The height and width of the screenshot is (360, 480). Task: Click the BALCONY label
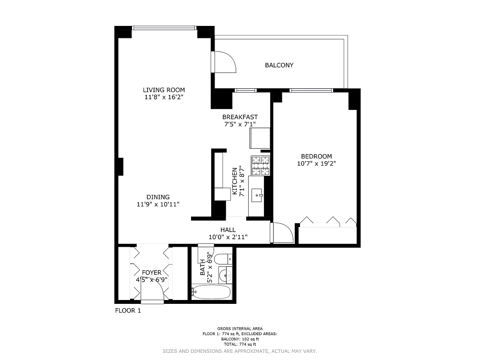pyautogui.click(x=279, y=65)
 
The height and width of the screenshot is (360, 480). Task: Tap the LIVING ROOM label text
pyautogui.click(x=164, y=90)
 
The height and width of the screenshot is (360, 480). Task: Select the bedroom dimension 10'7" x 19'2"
pyautogui.click(x=316, y=164)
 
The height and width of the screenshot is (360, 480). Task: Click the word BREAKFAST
pyautogui.click(x=240, y=117)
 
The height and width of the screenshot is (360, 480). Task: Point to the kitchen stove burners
pyautogui.click(x=260, y=166)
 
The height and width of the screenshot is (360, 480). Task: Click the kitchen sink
pyautogui.click(x=257, y=196)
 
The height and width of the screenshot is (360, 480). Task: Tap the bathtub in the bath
pyautogui.click(x=211, y=292)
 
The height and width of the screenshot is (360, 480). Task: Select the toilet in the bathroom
pyautogui.click(x=223, y=260)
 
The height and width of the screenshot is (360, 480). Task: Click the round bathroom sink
pyautogui.click(x=226, y=275)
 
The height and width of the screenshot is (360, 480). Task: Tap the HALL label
pyautogui.click(x=228, y=230)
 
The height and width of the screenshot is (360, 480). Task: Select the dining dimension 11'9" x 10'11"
pyautogui.click(x=158, y=204)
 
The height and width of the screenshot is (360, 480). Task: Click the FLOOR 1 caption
pyautogui.click(x=128, y=311)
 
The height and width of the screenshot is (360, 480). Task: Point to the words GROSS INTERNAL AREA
pyautogui.click(x=240, y=328)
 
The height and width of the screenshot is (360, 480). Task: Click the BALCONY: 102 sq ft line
pyautogui.click(x=240, y=339)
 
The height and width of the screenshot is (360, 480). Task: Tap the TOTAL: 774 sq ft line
pyautogui.click(x=240, y=344)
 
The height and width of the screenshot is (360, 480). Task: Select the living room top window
pyautogui.click(x=164, y=28)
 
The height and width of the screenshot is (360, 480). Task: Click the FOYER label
pyautogui.click(x=152, y=273)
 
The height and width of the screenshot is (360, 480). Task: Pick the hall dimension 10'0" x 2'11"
pyautogui.click(x=228, y=237)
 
